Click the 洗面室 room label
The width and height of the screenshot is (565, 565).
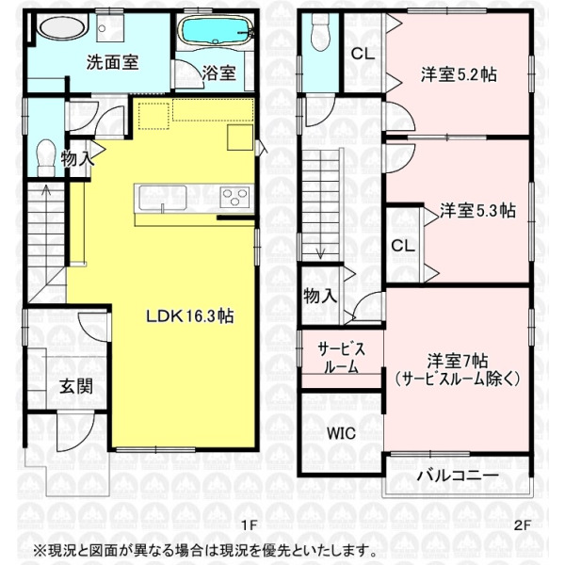(112, 63)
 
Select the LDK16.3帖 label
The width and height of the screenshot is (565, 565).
(190, 316)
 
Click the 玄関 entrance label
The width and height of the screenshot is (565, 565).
(76, 386)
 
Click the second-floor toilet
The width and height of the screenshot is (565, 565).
(320, 33)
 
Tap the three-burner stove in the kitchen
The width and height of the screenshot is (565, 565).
(234, 198)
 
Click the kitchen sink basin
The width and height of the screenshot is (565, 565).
(163, 198)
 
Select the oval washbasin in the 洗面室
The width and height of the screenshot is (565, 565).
(62, 27)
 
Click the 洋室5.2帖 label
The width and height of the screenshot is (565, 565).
(459, 74)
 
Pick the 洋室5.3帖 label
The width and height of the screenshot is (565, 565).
(477, 210)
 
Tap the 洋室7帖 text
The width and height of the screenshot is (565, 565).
(458, 361)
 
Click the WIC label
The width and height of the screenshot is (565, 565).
(341, 433)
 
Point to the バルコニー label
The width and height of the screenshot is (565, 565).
(458, 476)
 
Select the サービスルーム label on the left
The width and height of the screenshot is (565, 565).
(341, 358)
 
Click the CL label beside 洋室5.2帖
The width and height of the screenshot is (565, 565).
(363, 54)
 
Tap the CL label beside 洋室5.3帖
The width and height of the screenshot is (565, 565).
(403, 246)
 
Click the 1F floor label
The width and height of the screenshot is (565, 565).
(249, 525)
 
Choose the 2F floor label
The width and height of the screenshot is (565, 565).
(522, 525)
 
